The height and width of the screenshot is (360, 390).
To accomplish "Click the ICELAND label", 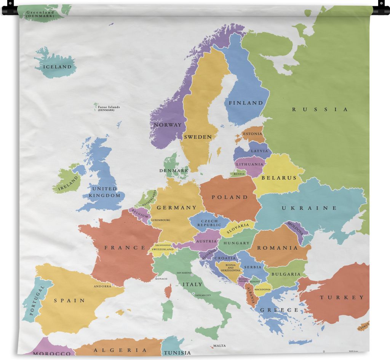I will click(x=57, y=67).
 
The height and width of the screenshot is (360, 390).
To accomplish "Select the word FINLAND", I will click(x=246, y=103).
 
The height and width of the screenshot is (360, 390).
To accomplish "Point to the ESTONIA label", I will click(x=253, y=134).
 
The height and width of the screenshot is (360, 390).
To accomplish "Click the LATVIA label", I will click(x=259, y=151).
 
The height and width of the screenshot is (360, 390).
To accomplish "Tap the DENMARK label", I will click(x=174, y=170).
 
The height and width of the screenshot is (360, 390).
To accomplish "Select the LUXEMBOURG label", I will click(x=161, y=220).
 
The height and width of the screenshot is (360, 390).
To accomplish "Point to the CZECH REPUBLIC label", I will click(x=209, y=223).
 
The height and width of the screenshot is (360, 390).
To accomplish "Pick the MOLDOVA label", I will click(x=295, y=228).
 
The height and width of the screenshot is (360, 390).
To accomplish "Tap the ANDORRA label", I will click(x=102, y=286).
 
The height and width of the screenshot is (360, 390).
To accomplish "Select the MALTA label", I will click(x=219, y=346).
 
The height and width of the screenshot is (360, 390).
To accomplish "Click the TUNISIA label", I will click(x=177, y=353).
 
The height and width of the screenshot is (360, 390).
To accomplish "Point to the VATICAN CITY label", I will click(x=203, y=295).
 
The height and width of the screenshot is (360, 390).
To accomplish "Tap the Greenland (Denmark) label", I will click(x=40, y=14).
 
